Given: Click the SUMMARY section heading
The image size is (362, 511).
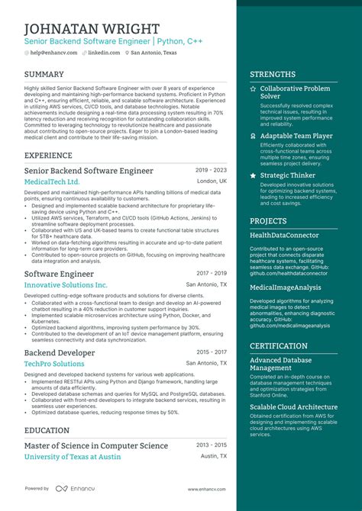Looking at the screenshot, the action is pyautogui.click(x=44, y=74).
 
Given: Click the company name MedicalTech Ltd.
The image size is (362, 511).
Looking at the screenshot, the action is pyautogui.click(x=52, y=182).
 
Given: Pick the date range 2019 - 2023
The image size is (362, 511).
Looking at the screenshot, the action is pyautogui.click(x=211, y=170).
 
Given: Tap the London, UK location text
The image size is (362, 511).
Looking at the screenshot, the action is pyautogui.click(x=212, y=182).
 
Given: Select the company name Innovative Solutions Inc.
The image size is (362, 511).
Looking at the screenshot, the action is pyautogui.click(x=66, y=284).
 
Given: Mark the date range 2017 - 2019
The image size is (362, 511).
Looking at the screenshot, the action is pyautogui.click(x=211, y=272).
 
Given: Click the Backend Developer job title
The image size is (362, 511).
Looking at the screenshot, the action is pyautogui.click(x=60, y=353).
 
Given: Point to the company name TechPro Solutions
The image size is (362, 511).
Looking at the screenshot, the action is pyautogui.click(x=54, y=365).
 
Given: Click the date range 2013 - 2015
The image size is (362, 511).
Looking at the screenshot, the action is pyautogui.click(x=211, y=445).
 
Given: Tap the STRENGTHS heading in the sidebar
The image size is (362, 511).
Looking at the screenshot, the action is pyautogui.click(x=273, y=75).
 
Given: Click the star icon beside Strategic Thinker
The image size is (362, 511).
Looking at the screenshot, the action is pyautogui.click(x=254, y=175).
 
